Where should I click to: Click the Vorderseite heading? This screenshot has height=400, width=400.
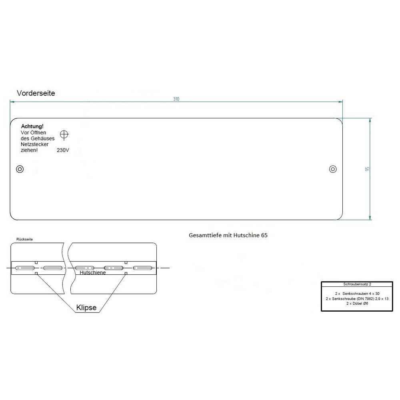click(x=36, y=93)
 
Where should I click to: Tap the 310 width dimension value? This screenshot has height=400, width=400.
click(x=176, y=99)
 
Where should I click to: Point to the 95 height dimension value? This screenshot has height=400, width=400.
click(x=367, y=169)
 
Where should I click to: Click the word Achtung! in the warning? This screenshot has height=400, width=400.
click(x=32, y=126)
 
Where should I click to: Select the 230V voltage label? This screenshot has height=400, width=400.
click(x=63, y=150)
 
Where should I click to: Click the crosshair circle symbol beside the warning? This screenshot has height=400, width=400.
click(x=64, y=134)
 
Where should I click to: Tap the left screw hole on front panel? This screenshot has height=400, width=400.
click(x=20, y=169)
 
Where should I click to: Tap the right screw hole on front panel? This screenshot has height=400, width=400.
click(x=333, y=169)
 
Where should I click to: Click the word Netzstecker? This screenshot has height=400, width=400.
click(x=35, y=144)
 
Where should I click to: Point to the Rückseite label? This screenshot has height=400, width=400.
click(x=25, y=239)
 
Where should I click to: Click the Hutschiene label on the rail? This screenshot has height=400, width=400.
click(x=93, y=272)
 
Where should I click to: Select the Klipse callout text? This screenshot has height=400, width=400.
click(x=86, y=308)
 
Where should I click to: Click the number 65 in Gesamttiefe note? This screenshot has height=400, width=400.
click(x=264, y=235)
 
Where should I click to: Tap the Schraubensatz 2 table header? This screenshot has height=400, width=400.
click(x=357, y=284)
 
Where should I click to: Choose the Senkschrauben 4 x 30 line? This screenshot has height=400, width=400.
click(x=357, y=294)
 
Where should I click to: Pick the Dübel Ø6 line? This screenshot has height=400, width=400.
click(x=357, y=303)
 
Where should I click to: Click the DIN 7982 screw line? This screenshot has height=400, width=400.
click(x=357, y=298)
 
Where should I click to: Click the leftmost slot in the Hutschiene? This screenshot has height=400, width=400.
click(x=25, y=268)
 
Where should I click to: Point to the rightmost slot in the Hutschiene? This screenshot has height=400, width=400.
click(x=143, y=268)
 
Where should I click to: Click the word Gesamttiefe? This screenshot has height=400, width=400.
click(x=205, y=235)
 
